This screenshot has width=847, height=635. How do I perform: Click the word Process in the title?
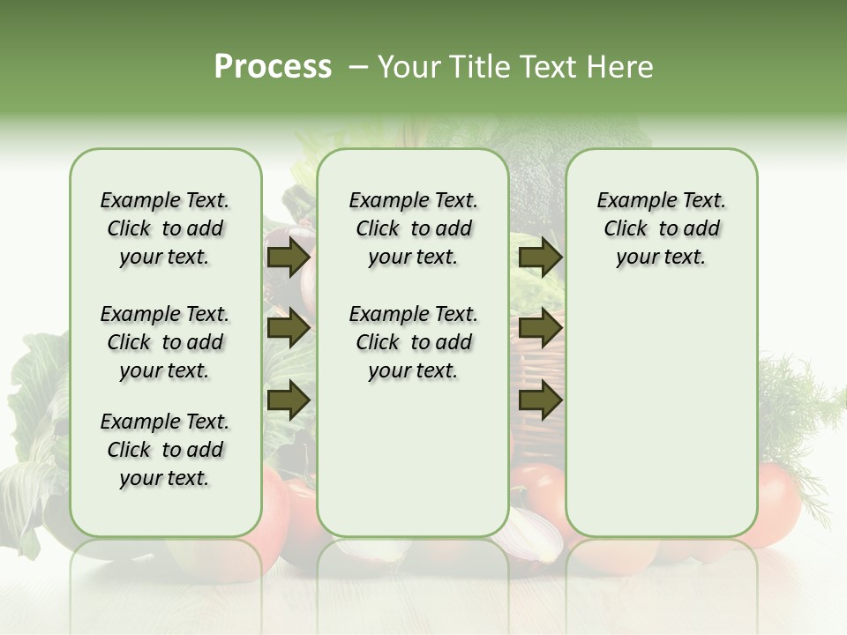tap(273, 67)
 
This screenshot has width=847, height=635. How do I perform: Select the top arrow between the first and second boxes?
tap(289, 258)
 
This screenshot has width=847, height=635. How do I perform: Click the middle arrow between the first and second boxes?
tap(289, 329)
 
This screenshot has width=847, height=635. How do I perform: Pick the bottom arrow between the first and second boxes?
tap(289, 400)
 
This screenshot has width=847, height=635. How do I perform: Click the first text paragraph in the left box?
tap(165, 228)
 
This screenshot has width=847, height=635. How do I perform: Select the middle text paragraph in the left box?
tap(165, 342)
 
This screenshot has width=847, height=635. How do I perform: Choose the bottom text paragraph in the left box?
tap(165, 450)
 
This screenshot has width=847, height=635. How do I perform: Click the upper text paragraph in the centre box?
tap(413, 228)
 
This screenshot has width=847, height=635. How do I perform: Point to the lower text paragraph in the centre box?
tap(413, 342)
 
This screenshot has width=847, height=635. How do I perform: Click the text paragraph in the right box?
tap(662, 228)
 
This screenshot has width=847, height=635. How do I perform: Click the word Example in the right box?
tap(631, 201)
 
